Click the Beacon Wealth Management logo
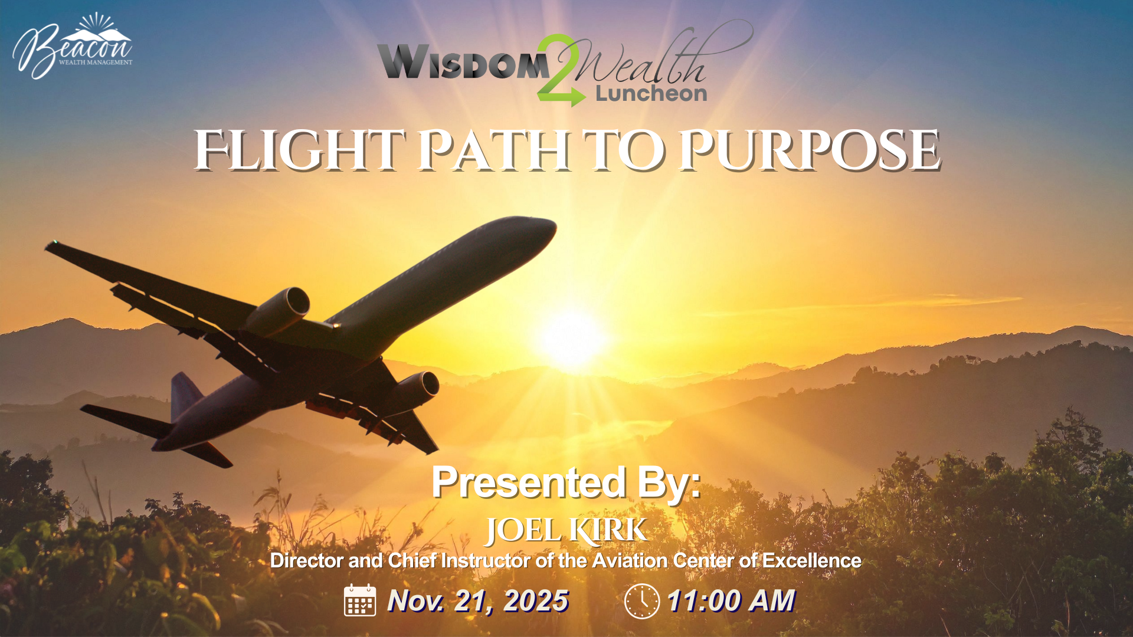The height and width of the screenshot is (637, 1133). [72, 45]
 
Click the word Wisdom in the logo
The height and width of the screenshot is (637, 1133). [463, 61]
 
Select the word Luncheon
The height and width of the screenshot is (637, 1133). [651, 93]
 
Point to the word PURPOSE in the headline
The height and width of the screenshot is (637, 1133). [810, 150]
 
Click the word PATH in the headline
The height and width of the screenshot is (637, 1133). [495, 150]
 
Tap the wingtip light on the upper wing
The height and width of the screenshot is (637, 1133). [55, 242]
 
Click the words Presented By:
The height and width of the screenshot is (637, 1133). [566, 482]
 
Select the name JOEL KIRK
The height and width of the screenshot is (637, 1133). [566, 530]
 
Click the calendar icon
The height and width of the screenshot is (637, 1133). [360, 600]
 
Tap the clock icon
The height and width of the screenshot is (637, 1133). [641, 601]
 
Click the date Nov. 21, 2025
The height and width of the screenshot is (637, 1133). [478, 601]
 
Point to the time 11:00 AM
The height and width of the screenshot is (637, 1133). [731, 601]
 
